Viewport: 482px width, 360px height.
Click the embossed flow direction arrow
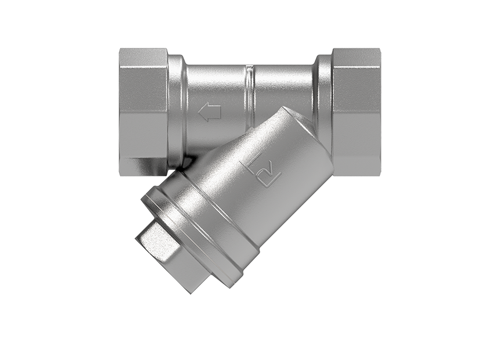[x=210, y=112]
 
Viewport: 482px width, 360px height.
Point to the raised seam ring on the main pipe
[x=249, y=93]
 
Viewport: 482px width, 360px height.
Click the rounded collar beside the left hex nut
[x=177, y=107]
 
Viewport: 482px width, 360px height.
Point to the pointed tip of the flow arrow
[x=200, y=112]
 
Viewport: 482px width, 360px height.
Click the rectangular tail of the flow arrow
[x=215, y=112]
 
